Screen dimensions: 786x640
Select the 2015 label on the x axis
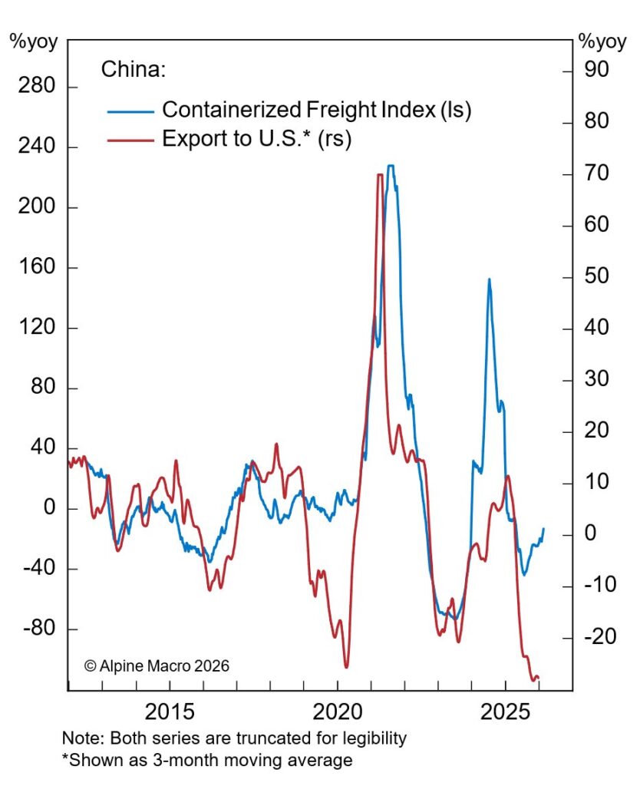pos(170,712)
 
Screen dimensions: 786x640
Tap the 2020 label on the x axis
pos(338,712)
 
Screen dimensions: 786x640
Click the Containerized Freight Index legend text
pos(316,109)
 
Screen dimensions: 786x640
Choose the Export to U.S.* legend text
pos(256,139)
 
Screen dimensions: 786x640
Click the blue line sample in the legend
pos(130,111)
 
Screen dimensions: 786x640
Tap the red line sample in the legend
pos(130,140)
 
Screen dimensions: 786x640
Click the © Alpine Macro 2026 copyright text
pos(157,665)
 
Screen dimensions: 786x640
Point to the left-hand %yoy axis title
pos(33,41)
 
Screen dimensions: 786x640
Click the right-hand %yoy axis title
pos(602,41)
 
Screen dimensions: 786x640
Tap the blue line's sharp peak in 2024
pos(489,279)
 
